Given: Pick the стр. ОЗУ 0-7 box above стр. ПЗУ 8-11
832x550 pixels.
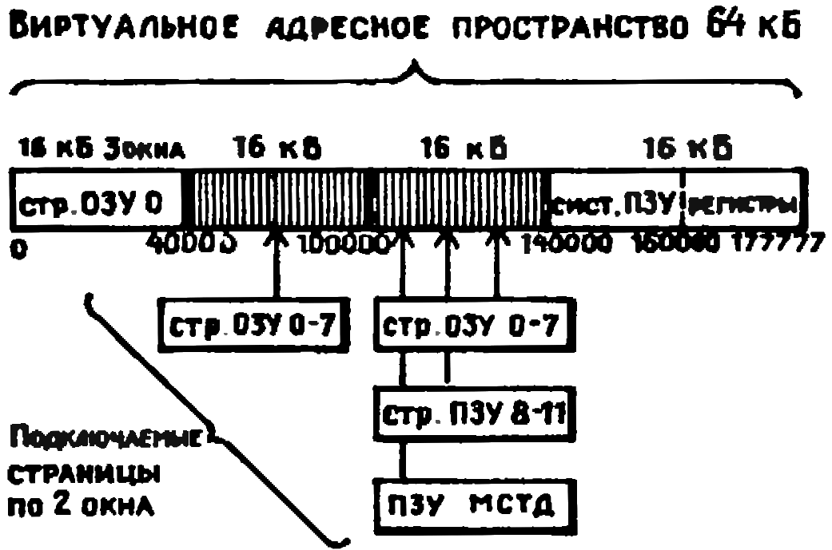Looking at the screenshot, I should pos(475,326).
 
